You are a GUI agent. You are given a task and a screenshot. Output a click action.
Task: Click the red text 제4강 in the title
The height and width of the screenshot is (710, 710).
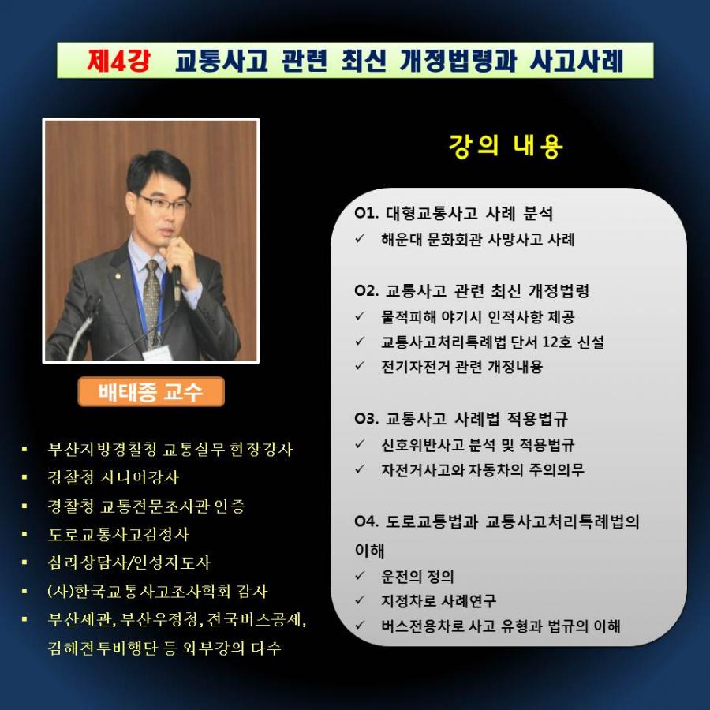pos(118,61)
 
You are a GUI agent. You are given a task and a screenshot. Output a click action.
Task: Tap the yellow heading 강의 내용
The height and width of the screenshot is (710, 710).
pos(506,146)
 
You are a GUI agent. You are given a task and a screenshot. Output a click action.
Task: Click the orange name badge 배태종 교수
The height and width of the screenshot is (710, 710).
pos(151,391)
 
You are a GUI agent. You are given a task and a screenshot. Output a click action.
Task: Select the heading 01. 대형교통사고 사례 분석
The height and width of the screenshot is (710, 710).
pos(454,213)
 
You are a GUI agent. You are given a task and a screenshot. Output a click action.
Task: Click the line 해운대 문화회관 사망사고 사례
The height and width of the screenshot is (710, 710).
pos(478,239)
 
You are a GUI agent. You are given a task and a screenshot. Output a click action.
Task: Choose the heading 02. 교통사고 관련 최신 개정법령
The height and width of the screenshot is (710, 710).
pos(472,290)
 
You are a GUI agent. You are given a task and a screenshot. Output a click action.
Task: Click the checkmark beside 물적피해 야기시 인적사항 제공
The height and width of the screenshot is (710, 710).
pos(361,316)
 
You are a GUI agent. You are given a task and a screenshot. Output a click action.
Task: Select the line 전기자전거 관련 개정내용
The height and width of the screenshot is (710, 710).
pos(461,366)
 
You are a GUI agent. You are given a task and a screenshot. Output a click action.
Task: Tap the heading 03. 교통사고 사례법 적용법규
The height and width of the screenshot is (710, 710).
pos(461,418)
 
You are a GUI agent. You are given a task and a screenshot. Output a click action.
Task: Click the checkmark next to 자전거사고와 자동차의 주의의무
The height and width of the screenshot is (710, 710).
pos(361,469)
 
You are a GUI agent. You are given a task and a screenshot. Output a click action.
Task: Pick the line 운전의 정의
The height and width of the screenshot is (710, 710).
pos(417,577)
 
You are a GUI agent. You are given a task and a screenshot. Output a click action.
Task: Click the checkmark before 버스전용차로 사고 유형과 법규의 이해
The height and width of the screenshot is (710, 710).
pos(361,626)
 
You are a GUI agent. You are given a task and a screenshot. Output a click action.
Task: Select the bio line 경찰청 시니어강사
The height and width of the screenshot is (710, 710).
pos(113,477)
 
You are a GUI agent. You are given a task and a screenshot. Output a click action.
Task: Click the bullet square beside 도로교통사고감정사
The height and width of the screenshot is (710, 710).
pos(24,534)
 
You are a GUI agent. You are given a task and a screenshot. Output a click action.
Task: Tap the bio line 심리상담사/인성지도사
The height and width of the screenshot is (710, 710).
pos(129,562)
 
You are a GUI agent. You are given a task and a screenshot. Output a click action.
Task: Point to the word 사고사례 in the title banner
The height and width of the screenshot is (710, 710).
pos(577,61)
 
